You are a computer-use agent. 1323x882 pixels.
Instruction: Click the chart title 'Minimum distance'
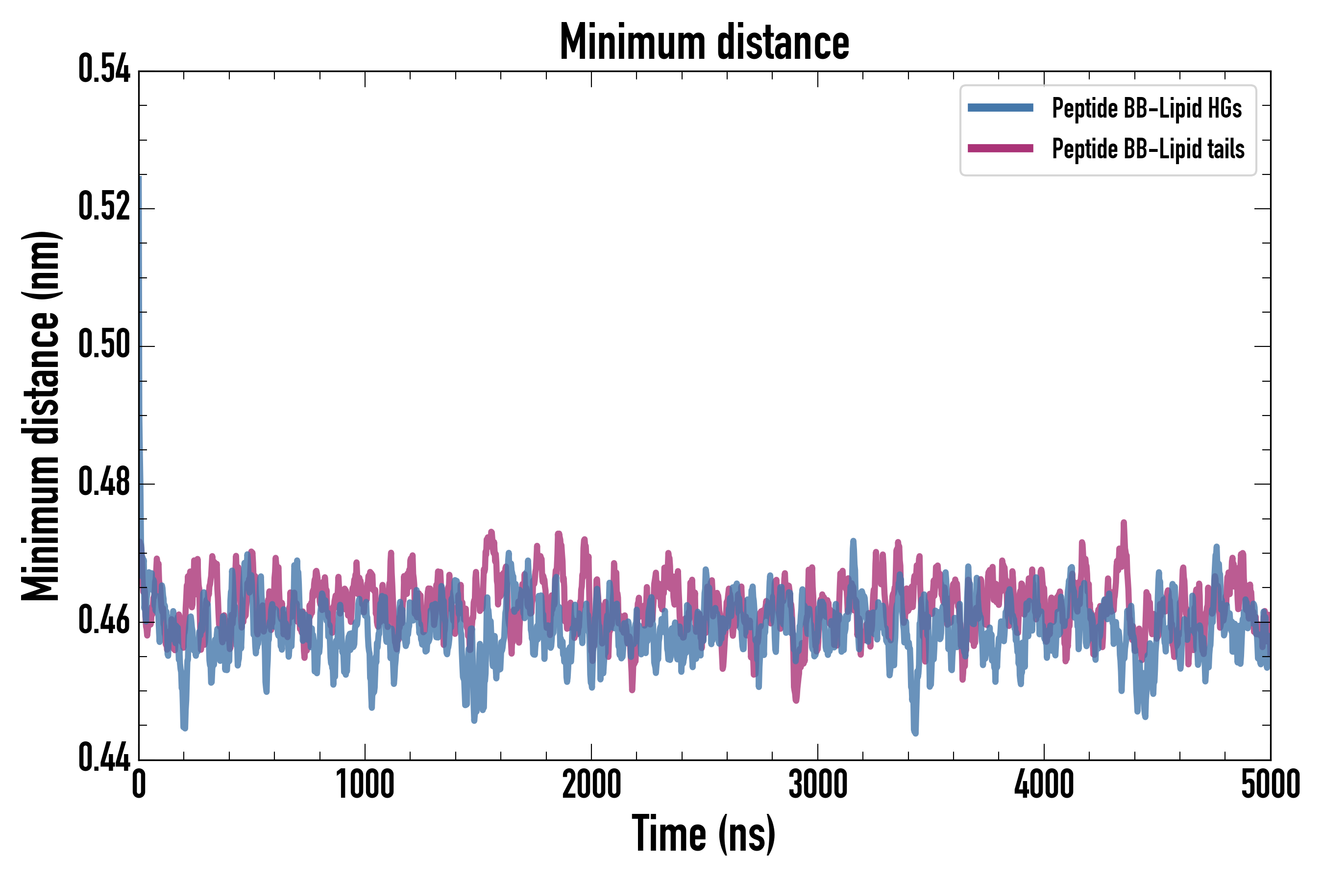point(704,43)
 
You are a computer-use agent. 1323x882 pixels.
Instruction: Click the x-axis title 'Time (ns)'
point(704,834)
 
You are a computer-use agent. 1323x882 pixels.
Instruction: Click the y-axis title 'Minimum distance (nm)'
point(41,416)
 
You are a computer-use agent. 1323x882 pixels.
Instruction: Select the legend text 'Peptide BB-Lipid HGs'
point(1147,108)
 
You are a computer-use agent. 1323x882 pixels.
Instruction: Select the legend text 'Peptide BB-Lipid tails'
point(1148,149)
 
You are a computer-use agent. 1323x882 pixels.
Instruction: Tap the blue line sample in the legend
point(1000,108)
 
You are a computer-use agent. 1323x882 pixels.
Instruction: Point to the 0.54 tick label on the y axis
point(104,70)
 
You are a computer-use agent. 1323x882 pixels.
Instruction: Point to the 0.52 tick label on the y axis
point(104,207)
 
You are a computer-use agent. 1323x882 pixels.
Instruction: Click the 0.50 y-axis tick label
point(104,345)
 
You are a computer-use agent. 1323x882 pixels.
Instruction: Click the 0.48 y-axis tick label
point(104,483)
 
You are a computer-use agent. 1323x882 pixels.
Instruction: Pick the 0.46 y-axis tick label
point(104,620)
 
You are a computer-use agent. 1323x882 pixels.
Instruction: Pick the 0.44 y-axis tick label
point(104,758)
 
